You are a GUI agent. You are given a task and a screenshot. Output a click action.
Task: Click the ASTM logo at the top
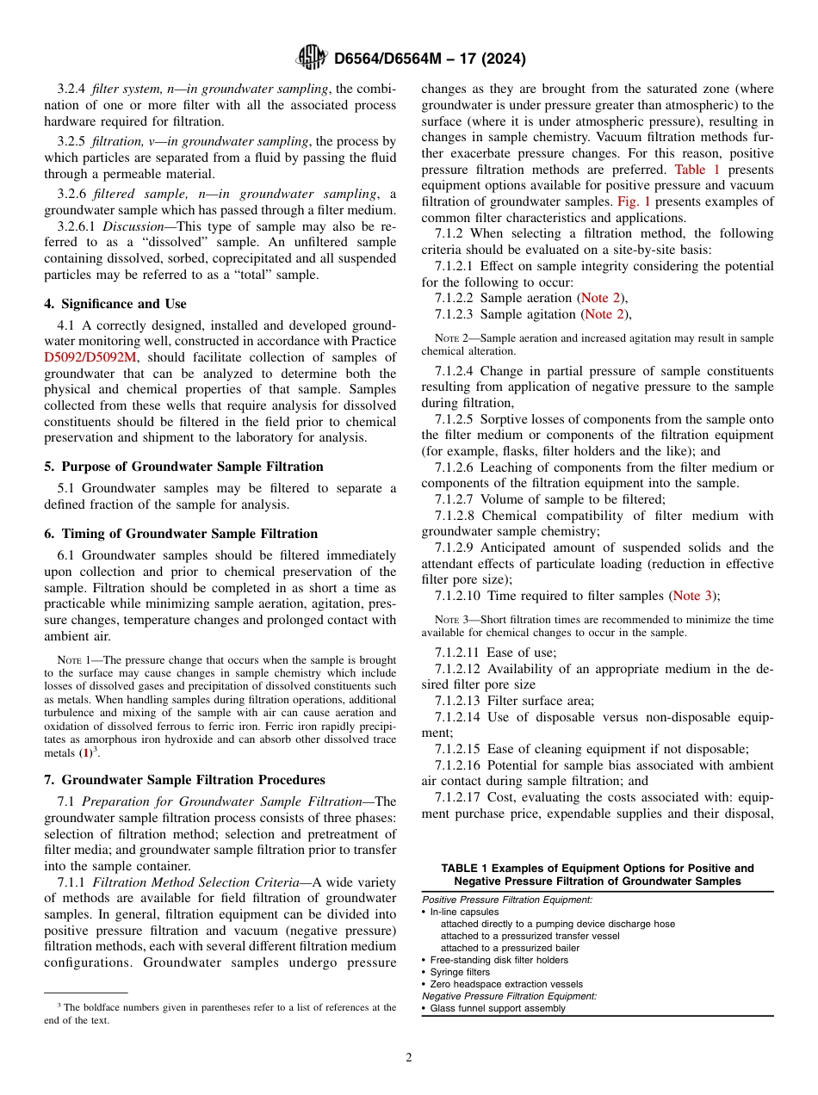coord(311,58)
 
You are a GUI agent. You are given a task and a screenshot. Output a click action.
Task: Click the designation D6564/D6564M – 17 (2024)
coord(429,59)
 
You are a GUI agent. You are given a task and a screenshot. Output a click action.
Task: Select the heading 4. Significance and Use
coord(115,304)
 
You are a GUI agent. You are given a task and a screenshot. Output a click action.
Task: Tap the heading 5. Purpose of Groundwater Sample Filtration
coord(183,467)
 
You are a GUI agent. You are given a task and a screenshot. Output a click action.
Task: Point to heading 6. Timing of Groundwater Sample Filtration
coord(181,534)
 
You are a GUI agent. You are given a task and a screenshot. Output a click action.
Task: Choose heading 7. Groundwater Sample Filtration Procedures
coord(184,780)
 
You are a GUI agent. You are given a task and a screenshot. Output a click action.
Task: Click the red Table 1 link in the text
coord(697,170)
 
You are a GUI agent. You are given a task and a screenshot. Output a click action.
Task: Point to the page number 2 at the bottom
coord(409,1057)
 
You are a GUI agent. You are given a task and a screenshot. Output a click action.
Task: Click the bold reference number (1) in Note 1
coord(85,753)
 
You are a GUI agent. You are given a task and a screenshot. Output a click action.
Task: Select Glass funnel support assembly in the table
coord(498,1008)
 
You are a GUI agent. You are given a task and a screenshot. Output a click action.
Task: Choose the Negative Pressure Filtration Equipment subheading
coord(509,996)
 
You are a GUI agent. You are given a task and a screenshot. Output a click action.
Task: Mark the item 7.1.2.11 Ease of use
coord(495,653)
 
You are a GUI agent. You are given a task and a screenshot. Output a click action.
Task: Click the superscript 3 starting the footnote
coord(59,1005)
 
